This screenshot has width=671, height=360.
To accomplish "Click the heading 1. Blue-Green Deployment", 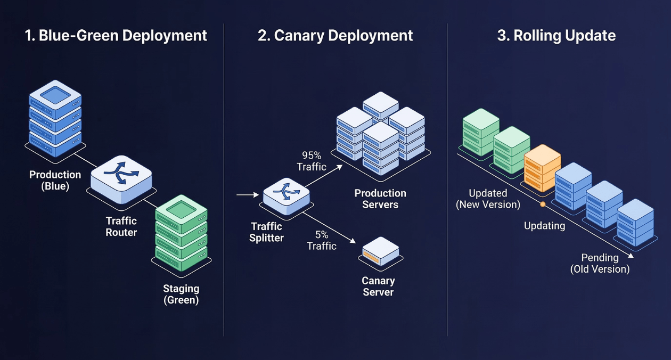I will coord(116,36).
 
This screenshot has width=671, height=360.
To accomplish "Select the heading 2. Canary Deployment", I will coord(335,36).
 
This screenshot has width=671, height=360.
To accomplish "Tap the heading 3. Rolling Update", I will coord(556,36).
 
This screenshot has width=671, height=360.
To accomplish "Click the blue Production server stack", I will coord(55,118).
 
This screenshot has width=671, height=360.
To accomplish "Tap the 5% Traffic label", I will coord(322,240).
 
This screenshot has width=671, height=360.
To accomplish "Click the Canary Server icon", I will coord(381,251).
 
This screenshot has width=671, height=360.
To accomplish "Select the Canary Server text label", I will coord(378,286).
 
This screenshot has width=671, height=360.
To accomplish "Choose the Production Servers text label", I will coord(380,199).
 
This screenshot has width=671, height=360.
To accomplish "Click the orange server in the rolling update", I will coord(542,167).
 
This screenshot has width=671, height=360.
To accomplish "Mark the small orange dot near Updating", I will coord(543,204).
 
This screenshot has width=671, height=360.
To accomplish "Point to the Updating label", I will coord(544,226).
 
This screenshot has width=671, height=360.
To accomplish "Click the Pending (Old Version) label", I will coord(600,263).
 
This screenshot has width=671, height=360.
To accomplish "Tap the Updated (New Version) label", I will coord(488,198).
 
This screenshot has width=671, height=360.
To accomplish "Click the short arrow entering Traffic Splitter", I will coord(247,195).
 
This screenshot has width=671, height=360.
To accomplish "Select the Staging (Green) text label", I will coord(181,294).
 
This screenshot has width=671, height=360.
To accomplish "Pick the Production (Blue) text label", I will coord(55,180).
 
